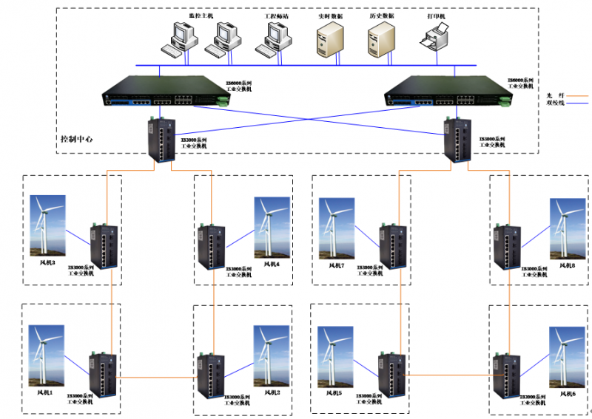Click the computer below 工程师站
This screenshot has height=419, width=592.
[x=272, y=39]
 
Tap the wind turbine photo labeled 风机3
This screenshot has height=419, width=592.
[x=47, y=226]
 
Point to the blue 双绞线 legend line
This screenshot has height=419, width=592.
[x=576, y=104]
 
